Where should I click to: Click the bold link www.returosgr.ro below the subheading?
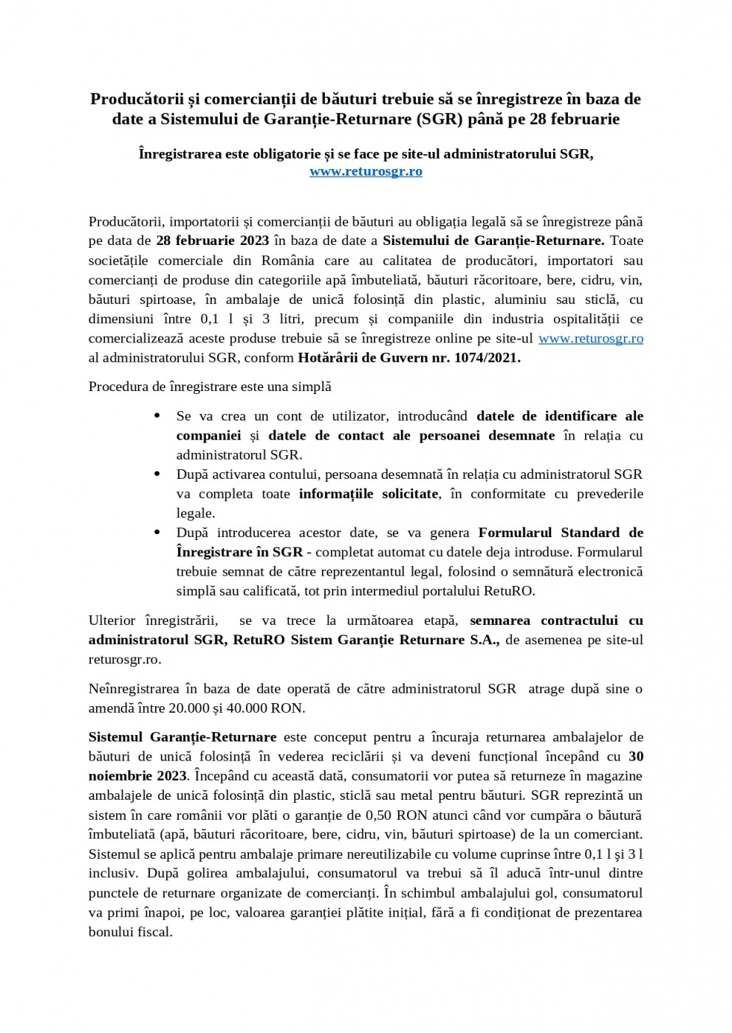click(366, 171)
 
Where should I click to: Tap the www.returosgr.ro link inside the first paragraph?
click(590, 338)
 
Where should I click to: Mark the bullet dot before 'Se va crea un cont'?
click(157, 416)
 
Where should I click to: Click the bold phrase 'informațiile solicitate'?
click(368, 494)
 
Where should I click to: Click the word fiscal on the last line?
click(153, 931)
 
